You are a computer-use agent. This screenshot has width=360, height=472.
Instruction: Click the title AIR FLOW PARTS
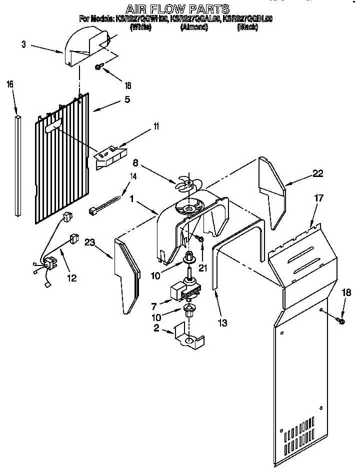(177, 9)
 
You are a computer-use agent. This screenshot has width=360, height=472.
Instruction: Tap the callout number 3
(23, 44)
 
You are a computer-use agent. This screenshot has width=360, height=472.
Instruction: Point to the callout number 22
(317, 173)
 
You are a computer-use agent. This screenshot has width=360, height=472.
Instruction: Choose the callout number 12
(72, 278)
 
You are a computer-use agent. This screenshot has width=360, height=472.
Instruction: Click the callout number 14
(133, 175)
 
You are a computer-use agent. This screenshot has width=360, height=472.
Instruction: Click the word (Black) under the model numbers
(247, 27)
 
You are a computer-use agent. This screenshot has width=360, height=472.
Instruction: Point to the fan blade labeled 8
(185, 183)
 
